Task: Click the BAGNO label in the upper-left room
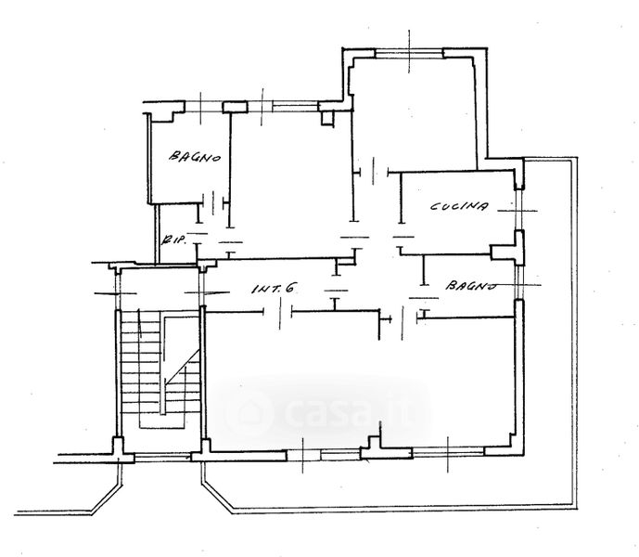click(195, 156)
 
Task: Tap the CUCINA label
click(459, 206)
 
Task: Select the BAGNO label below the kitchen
click(470, 285)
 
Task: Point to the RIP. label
click(174, 240)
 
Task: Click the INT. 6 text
click(273, 289)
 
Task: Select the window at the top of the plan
click(409, 53)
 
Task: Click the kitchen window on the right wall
click(518, 210)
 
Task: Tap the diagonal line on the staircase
click(183, 367)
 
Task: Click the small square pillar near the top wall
click(327, 118)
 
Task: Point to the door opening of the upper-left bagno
click(212, 202)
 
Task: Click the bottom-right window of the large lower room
click(448, 452)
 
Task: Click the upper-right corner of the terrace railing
click(575, 160)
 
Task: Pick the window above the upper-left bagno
click(203, 108)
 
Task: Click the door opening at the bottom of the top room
click(374, 173)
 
